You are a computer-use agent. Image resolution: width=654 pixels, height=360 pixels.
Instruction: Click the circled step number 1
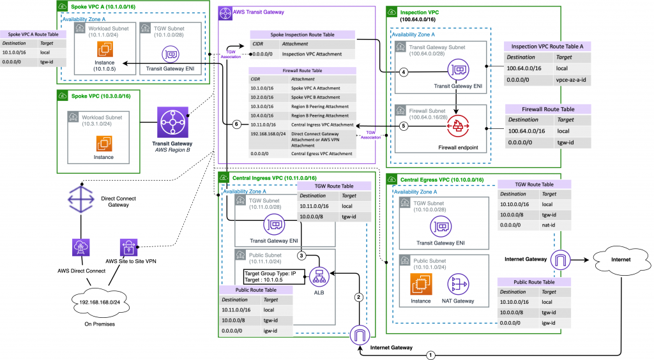point(430,354)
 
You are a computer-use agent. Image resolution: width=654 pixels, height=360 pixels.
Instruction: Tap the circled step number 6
point(236,124)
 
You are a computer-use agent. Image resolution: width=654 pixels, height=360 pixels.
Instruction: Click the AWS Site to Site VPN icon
point(125,247)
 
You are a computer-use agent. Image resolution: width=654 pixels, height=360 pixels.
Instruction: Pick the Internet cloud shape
point(616,259)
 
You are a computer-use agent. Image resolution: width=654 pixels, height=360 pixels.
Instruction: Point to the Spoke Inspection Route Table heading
point(303,34)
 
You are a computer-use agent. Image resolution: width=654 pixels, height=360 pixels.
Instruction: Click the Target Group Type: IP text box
point(271,276)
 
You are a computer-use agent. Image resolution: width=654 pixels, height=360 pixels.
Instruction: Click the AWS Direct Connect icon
point(82,248)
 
